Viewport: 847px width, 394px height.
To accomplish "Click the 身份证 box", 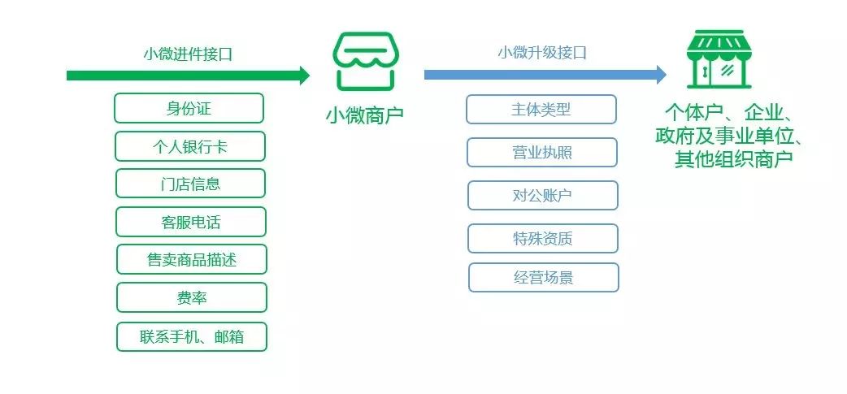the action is (189, 108).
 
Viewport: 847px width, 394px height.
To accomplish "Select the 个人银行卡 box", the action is (189, 146).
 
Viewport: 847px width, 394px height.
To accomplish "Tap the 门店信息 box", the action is (190, 184).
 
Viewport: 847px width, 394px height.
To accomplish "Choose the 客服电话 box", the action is (191, 222).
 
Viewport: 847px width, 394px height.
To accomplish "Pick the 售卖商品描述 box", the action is (192, 260).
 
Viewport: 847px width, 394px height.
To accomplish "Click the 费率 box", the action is (192, 297).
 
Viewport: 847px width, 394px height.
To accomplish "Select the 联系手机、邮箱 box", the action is (192, 337).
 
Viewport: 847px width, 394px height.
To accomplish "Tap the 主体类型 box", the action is (541, 110).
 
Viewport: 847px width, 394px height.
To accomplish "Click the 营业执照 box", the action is (542, 152).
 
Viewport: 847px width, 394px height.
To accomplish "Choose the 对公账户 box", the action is (542, 196).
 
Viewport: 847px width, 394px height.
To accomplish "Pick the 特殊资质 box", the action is (542, 239).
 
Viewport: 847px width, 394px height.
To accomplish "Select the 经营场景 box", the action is (544, 277).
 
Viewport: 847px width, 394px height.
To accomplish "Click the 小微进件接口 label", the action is (188, 54).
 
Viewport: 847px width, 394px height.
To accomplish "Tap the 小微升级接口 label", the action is (542, 52).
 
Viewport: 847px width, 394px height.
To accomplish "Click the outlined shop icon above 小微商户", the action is (363, 62).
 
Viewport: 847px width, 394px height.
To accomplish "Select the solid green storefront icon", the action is (719, 58).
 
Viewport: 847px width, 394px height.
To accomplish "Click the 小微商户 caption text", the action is (364, 115).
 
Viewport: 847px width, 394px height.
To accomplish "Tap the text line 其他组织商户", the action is (733, 159).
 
